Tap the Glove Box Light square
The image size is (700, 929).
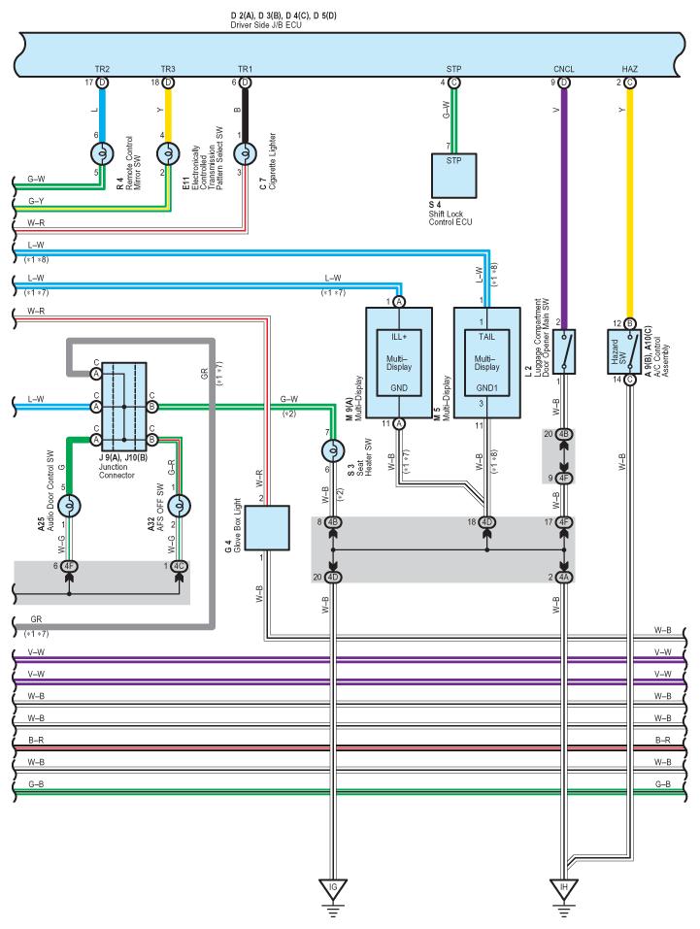[267, 527]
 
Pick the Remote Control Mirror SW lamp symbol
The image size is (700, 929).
[102, 152]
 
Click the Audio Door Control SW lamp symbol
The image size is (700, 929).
[68, 506]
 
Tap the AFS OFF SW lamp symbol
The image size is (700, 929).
[179, 506]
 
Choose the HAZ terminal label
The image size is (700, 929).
[629, 70]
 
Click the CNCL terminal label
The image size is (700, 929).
[563, 70]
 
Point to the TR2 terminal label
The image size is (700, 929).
[102, 70]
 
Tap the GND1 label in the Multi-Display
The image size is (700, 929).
[486, 387]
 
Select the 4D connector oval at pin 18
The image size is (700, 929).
[486, 523]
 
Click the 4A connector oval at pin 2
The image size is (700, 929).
[563, 578]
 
